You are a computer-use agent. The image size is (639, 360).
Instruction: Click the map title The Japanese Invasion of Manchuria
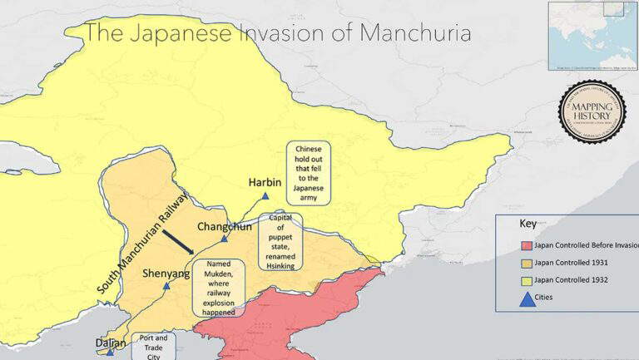point(279,33)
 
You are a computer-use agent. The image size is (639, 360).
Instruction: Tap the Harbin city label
point(265,182)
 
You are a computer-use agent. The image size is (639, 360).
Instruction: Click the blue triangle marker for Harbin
point(265,196)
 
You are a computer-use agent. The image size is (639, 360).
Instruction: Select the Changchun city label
point(224,227)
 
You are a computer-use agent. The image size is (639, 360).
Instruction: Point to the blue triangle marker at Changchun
point(224,239)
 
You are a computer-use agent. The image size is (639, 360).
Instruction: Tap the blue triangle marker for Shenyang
point(166,285)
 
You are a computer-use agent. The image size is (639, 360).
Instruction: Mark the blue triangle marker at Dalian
point(110,353)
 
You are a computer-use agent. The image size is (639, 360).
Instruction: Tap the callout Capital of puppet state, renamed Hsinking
point(280,240)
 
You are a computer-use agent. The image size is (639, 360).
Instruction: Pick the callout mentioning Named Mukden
point(218,287)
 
